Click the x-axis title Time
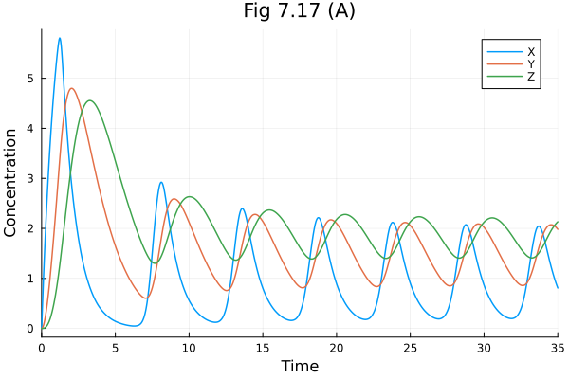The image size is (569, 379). click(x=299, y=366)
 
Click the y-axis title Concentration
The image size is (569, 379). click(x=11, y=183)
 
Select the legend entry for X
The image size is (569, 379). click(x=531, y=51)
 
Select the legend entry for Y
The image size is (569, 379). click(x=531, y=64)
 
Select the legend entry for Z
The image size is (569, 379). click(x=531, y=77)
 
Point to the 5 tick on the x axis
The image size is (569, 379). click(x=115, y=348)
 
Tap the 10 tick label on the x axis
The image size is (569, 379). click(x=189, y=348)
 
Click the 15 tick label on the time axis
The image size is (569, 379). click(x=263, y=348)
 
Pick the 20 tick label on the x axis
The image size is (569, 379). click(x=337, y=348)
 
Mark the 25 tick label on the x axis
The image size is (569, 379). click(x=410, y=348)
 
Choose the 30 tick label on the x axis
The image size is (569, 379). click(x=484, y=348)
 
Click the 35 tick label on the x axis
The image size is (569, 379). click(x=556, y=348)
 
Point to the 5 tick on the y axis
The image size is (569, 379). click(x=30, y=78)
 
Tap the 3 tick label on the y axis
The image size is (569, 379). click(x=30, y=178)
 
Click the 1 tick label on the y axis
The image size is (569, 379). click(x=30, y=279)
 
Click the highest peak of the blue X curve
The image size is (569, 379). click(x=60, y=39)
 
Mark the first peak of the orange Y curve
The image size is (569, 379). click(x=72, y=88)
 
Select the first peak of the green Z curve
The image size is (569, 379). click(x=90, y=100)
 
